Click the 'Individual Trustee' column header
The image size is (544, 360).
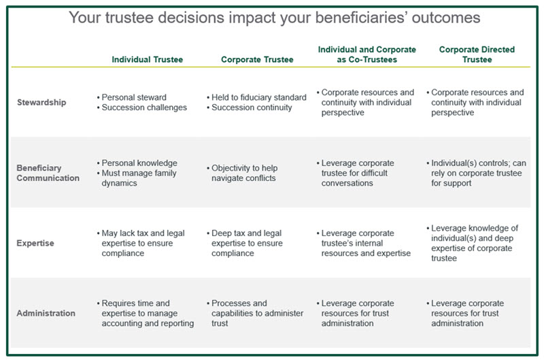(x=147, y=59)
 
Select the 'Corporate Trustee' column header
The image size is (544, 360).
(x=257, y=59)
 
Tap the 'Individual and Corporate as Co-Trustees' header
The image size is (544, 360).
(x=367, y=54)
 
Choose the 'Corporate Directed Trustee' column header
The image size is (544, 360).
(x=477, y=54)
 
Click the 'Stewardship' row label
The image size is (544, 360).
(x=41, y=102)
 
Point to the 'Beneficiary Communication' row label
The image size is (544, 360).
(x=48, y=173)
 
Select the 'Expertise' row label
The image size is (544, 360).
(x=35, y=243)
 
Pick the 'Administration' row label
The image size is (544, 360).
(x=46, y=313)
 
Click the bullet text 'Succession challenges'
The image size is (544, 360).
(x=144, y=108)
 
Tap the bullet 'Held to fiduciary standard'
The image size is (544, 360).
(x=259, y=97)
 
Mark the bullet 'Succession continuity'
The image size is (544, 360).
(x=252, y=108)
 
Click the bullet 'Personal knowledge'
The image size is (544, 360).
(x=139, y=163)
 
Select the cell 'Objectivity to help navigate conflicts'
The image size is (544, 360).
(x=243, y=173)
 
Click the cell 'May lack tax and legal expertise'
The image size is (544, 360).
(x=142, y=243)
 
